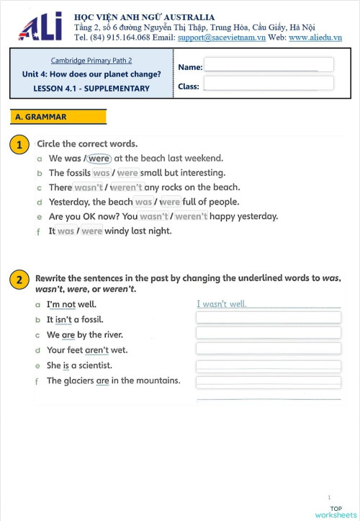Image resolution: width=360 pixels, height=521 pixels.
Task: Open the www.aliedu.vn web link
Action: click(315, 37)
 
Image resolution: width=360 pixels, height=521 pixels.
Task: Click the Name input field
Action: click(268, 65)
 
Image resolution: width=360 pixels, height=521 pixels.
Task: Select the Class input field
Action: click(268, 84)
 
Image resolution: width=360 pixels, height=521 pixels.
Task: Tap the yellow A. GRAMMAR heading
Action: click(58, 117)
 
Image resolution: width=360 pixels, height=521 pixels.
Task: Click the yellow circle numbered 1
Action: click(19, 145)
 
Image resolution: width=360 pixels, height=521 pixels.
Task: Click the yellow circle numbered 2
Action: click(19, 280)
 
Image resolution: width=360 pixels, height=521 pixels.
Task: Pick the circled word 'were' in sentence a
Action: click(99, 159)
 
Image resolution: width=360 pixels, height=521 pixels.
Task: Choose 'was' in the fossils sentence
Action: click(102, 173)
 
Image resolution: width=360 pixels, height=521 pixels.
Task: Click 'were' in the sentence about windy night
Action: click(91, 231)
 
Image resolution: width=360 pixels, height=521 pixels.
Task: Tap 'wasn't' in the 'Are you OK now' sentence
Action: click(154, 216)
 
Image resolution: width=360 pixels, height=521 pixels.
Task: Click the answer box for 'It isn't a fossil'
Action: click(268, 318)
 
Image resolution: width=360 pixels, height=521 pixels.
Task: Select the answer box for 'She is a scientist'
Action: click(268, 366)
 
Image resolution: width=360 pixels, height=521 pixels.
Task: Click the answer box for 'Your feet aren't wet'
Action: click(268, 349)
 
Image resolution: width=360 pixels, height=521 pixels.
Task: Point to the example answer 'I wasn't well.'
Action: click(222, 304)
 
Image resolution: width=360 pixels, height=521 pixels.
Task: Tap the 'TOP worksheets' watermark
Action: click(336, 512)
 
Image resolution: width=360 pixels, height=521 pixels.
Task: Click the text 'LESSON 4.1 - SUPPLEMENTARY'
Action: click(91, 89)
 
